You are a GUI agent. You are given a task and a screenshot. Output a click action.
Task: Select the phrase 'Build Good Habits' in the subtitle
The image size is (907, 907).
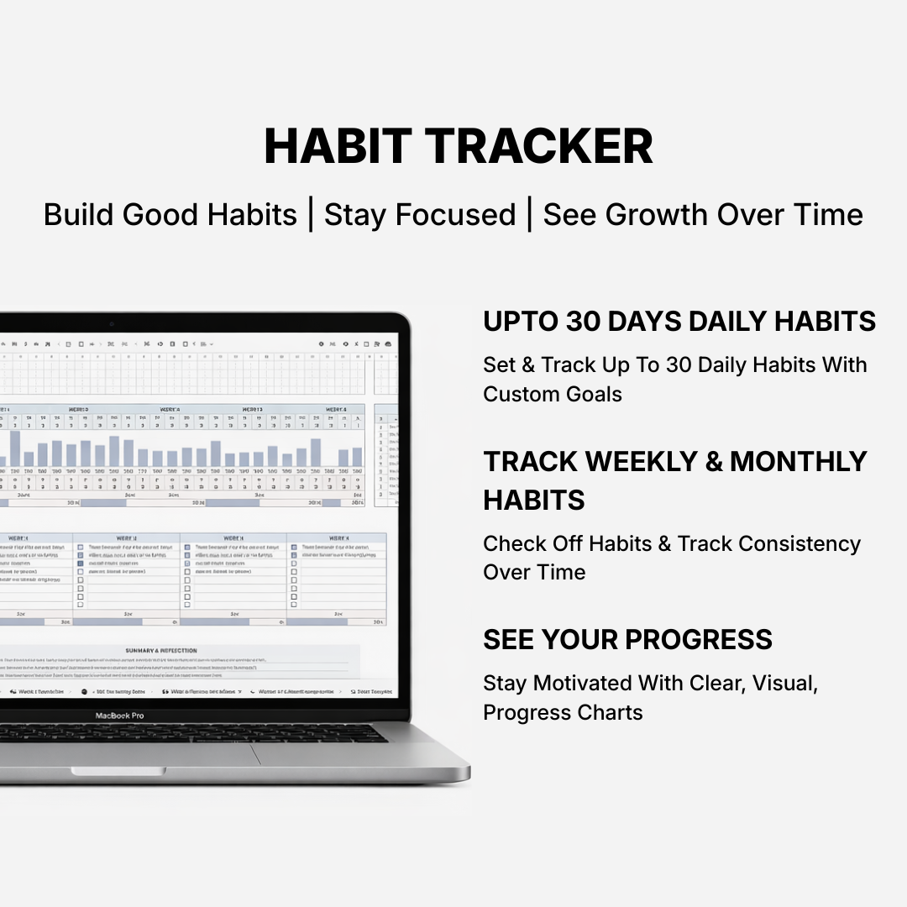[170, 215]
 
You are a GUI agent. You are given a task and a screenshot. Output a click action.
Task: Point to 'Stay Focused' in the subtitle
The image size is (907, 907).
[420, 215]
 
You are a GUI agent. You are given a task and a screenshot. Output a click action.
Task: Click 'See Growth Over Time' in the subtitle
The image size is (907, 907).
[703, 215]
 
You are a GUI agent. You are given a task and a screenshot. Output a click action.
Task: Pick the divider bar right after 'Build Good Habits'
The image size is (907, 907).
[311, 215]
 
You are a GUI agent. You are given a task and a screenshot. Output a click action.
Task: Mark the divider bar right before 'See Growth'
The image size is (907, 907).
[529, 215]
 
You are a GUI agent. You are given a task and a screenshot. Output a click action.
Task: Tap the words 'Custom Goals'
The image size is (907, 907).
[553, 394]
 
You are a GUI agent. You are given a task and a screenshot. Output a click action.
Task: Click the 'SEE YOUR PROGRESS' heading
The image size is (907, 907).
[627, 640]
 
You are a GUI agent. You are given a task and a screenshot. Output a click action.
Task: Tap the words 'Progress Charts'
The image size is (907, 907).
[563, 712]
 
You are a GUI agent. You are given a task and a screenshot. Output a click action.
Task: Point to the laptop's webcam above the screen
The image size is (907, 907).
[111, 324]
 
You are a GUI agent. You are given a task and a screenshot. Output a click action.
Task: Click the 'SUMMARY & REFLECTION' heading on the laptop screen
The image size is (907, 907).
[160, 651]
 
